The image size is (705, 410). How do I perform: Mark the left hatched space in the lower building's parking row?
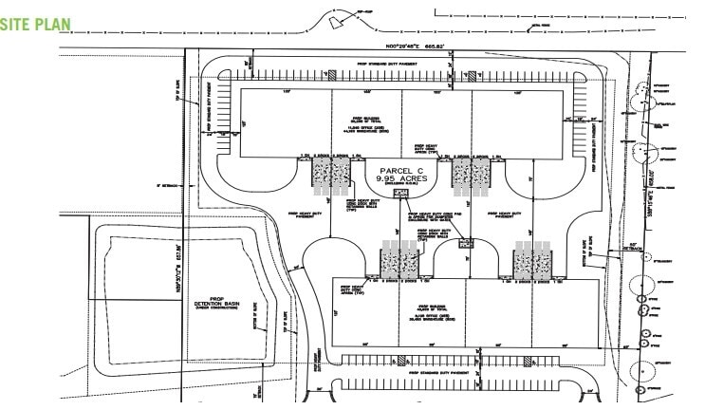(405, 361)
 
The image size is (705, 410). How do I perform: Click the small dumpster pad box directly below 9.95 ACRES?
(399, 193)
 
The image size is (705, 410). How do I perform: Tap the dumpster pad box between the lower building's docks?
(465, 244)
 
